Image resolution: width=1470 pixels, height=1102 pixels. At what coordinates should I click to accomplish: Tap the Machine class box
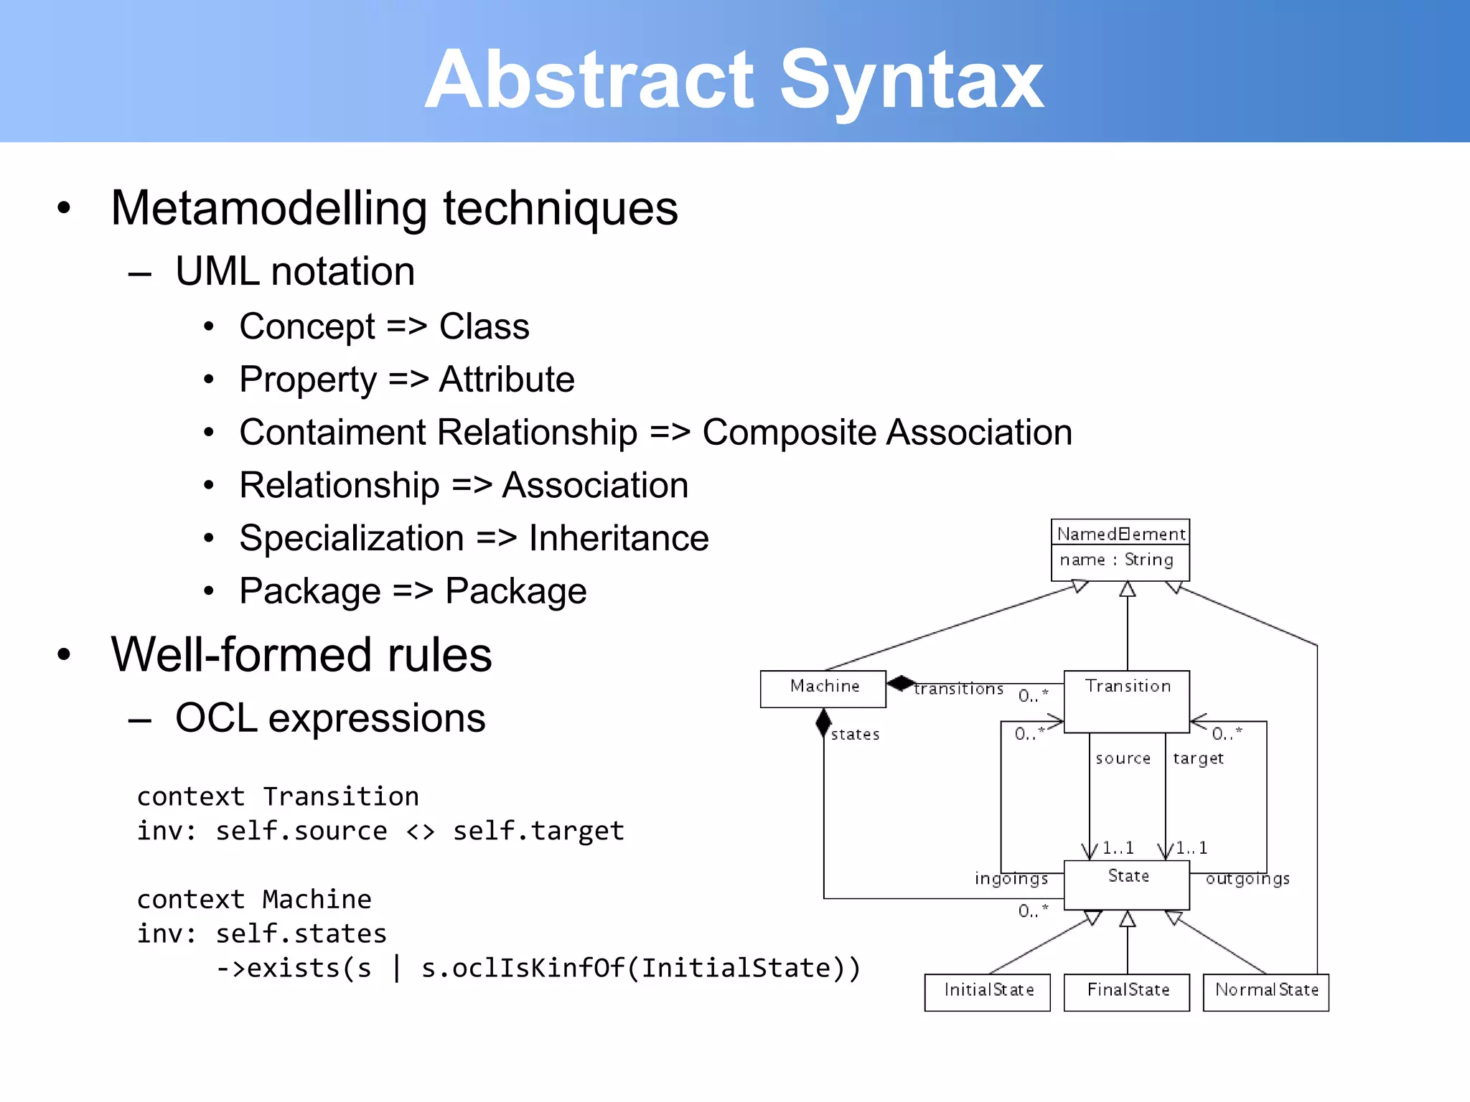(x=823, y=688)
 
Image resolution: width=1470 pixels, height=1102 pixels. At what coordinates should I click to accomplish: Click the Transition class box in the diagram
(x=1126, y=700)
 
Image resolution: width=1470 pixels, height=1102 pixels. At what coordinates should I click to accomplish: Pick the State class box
(x=1126, y=884)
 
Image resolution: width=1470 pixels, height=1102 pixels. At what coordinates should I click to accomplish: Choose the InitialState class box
(x=987, y=992)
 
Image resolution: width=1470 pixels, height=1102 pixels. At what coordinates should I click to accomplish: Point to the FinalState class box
(x=1126, y=992)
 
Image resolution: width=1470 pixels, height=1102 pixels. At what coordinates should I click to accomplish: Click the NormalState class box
(x=1265, y=992)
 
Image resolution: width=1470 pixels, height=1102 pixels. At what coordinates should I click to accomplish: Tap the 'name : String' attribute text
(x=1116, y=560)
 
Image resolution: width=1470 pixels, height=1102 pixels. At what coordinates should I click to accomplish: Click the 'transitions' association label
(x=958, y=689)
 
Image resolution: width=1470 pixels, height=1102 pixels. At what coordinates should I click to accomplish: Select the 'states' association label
(x=855, y=735)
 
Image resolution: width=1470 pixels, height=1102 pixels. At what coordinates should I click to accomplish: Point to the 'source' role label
(x=1123, y=759)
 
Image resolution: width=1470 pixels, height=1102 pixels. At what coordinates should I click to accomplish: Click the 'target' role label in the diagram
(x=1198, y=759)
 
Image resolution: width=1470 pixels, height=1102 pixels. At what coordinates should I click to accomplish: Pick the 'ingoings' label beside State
(x=1011, y=879)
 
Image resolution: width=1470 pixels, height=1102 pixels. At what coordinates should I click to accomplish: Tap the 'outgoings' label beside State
(x=1247, y=879)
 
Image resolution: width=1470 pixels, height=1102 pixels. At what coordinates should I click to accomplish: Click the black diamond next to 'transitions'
(x=900, y=683)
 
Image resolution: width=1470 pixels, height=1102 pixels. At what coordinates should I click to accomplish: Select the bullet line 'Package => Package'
(x=413, y=592)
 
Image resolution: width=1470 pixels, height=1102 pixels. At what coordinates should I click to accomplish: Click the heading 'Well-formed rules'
(x=301, y=655)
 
